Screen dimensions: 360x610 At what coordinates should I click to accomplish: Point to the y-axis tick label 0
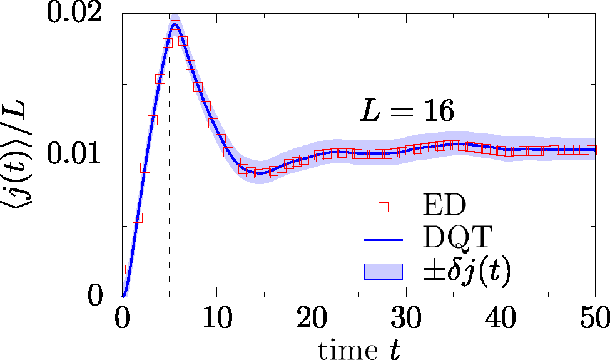click(94, 295)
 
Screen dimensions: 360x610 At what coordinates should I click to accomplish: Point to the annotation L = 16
click(406, 111)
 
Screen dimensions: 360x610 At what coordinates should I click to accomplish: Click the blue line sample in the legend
click(384, 239)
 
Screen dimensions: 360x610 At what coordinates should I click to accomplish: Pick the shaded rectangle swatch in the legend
click(384, 271)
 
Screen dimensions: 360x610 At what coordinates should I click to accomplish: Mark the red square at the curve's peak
click(176, 25)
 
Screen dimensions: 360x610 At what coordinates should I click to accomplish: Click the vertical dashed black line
click(170, 188)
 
